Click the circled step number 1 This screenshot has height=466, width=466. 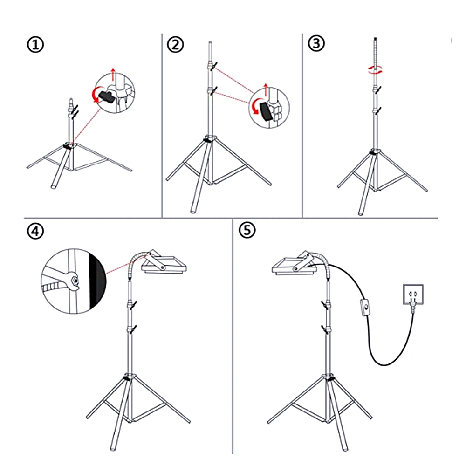(36, 45)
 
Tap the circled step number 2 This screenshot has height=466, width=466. (175, 45)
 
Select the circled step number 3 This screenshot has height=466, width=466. (316, 44)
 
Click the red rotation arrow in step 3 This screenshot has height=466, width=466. (375, 69)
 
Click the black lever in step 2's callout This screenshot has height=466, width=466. (266, 111)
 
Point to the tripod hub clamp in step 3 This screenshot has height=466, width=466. (374, 152)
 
